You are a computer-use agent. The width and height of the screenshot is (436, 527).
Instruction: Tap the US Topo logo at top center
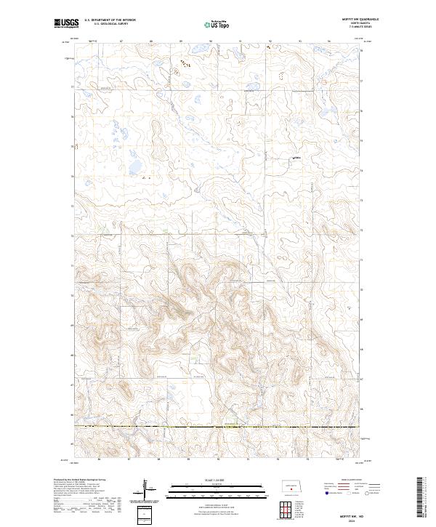(x=217, y=24)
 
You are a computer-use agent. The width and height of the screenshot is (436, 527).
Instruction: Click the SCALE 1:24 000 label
(x=217, y=478)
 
